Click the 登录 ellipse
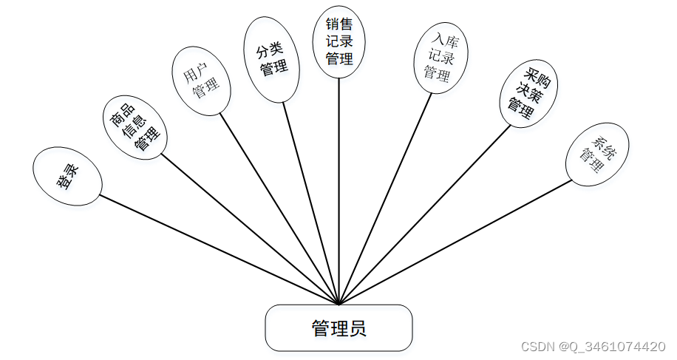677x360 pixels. pos(67,176)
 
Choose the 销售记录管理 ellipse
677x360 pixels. pos(339,41)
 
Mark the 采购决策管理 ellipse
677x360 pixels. pos(526,93)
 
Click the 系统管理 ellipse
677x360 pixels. pos(597,154)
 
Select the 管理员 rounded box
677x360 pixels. pos(338,327)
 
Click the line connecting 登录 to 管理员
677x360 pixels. pos(220,250)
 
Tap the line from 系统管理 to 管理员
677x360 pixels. pos(455,242)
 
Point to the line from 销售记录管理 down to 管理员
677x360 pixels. pos(339,192)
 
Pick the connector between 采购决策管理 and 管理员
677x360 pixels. pos(425,214)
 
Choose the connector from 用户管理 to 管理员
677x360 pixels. pos(279,208)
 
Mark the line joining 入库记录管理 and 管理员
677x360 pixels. pos(385,198)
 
